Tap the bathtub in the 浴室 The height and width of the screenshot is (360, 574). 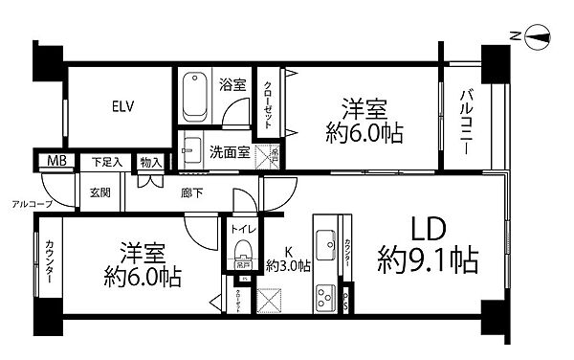pyautogui.click(x=201, y=95)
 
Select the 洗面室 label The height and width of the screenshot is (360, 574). pyautogui.click(x=231, y=150)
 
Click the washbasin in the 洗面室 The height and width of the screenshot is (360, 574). pyautogui.click(x=192, y=148)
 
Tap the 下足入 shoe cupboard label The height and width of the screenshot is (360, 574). pyautogui.click(x=106, y=161)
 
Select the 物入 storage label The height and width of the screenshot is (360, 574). pyautogui.click(x=150, y=161)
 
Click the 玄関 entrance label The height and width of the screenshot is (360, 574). pyautogui.click(x=100, y=191)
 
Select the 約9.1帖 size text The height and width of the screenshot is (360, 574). pyautogui.click(x=427, y=259)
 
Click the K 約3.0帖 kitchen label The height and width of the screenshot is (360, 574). pyautogui.click(x=287, y=259)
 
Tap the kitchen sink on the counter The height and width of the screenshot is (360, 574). pyautogui.click(x=323, y=241)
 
